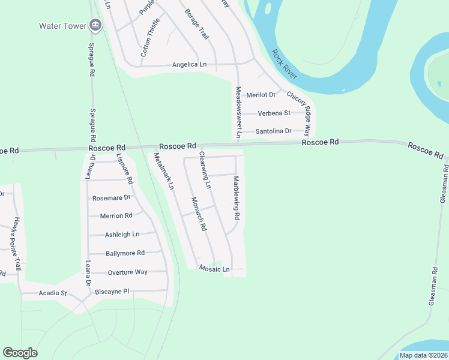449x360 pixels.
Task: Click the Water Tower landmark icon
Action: click(95, 25)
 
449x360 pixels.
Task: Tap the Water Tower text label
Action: click(62, 26)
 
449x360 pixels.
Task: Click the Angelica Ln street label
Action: click(189, 65)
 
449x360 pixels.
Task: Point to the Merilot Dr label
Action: click(261, 95)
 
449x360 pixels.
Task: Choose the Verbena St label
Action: click(274, 113)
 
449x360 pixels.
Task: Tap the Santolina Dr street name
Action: click(274, 131)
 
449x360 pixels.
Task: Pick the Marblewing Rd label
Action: click(237, 197)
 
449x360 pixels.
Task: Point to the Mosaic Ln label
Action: click(214, 269)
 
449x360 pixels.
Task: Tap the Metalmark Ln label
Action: click(163, 172)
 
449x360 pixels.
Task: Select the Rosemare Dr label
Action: click(111, 197)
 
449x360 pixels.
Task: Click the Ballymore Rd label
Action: click(125, 253)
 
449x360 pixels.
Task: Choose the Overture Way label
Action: click(127, 272)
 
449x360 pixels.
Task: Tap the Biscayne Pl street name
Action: click(112, 292)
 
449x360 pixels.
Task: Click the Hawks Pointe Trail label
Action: click(16, 243)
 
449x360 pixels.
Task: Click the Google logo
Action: click(20, 353)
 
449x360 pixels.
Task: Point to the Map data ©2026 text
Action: click(423, 355)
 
